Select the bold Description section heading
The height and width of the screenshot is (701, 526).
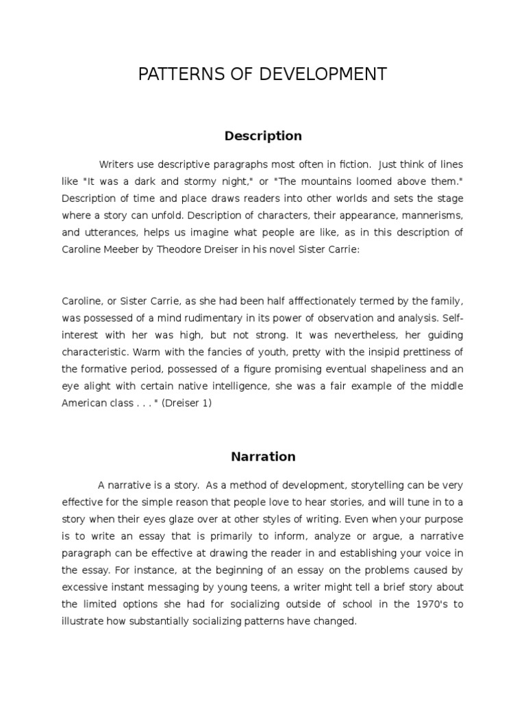tap(263, 136)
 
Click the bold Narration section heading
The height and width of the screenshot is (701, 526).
tap(263, 457)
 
